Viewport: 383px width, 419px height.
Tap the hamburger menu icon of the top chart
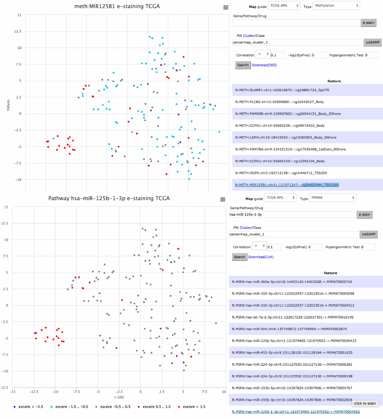coord(226,7)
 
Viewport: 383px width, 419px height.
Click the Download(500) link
coord(264,65)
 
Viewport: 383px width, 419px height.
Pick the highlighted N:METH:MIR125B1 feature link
coord(287,185)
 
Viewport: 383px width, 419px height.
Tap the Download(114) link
coord(261,257)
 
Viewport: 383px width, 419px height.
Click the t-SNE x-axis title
coord(119,397)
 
